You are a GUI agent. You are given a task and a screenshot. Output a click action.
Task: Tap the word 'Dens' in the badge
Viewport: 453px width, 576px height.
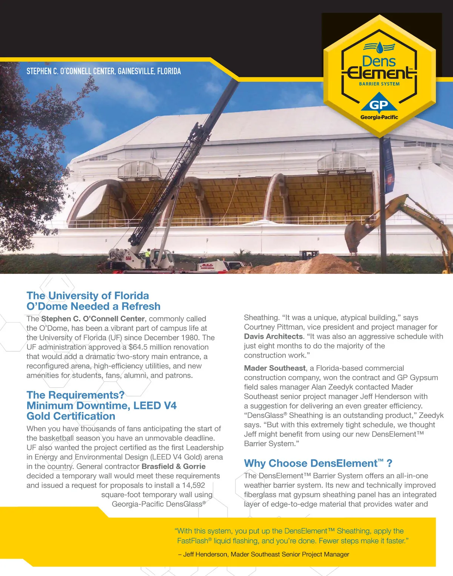379,61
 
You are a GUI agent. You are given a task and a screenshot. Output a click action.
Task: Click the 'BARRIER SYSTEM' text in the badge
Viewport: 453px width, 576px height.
379,84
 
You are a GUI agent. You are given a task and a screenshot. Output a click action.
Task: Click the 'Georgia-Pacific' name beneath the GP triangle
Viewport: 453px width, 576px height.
379,117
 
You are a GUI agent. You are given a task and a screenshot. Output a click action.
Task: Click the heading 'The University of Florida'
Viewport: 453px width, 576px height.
88,295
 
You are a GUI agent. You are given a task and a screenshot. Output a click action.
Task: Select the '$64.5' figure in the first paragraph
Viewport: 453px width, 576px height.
138,347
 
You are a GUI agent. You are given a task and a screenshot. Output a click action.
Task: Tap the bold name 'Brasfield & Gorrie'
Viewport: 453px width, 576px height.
173,466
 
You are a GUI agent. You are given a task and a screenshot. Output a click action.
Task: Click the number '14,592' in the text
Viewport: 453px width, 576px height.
193,485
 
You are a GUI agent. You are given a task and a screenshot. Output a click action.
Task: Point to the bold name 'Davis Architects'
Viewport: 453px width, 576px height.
273,336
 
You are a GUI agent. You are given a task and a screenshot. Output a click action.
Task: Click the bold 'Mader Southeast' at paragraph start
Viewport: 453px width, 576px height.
275,368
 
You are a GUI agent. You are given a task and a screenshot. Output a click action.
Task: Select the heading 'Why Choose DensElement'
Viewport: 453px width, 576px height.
311,463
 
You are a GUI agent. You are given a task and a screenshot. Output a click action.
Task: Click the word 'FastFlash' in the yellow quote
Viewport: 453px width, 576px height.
193,541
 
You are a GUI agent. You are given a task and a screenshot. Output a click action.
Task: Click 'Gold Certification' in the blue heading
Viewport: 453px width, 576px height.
71,416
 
